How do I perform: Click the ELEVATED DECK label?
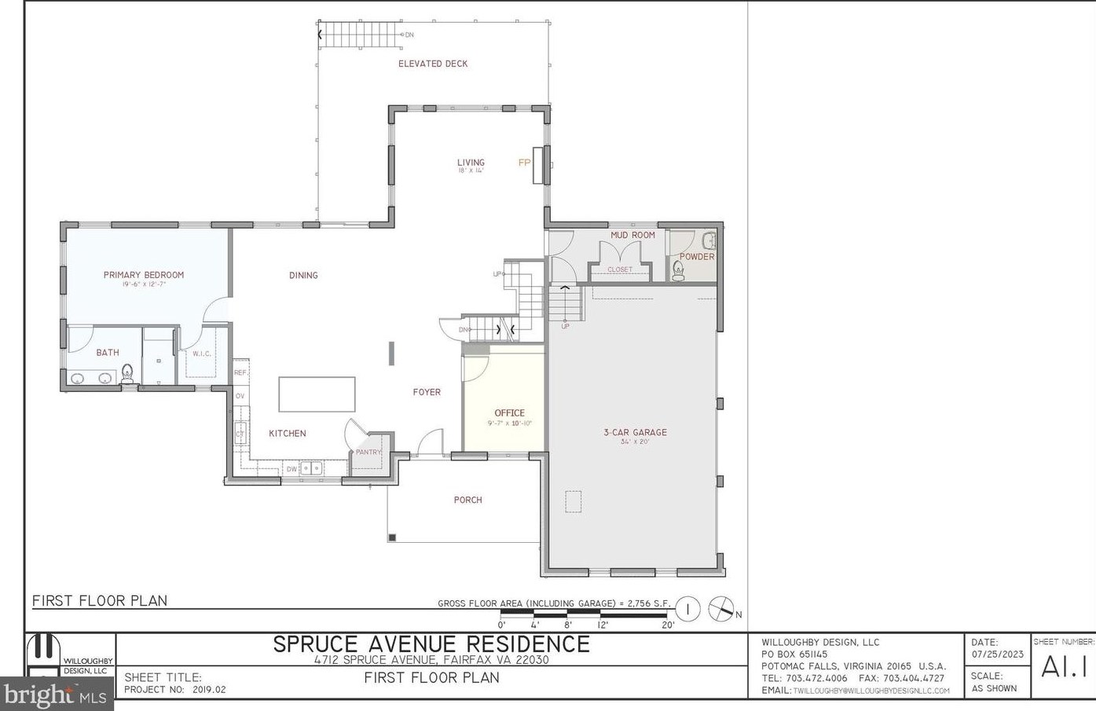(432, 64)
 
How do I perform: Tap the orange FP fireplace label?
(524, 163)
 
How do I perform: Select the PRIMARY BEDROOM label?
(144, 275)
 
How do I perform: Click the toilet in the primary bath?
(128, 373)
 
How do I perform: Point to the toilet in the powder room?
(679, 272)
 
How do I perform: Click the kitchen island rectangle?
(317, 394)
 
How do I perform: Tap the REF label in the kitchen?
(240, 372)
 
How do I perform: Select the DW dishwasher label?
(291, 469)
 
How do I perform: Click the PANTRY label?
(368, 452)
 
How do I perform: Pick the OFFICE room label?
(509, 412)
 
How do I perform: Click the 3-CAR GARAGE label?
(635, 432)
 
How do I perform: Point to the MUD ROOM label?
(632, 235)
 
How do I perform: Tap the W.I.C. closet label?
(202, 354)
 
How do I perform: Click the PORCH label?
(467, 500)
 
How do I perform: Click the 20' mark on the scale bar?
(668, 625)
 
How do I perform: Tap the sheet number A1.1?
(1064, 667)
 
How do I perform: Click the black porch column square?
(392, 537)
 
